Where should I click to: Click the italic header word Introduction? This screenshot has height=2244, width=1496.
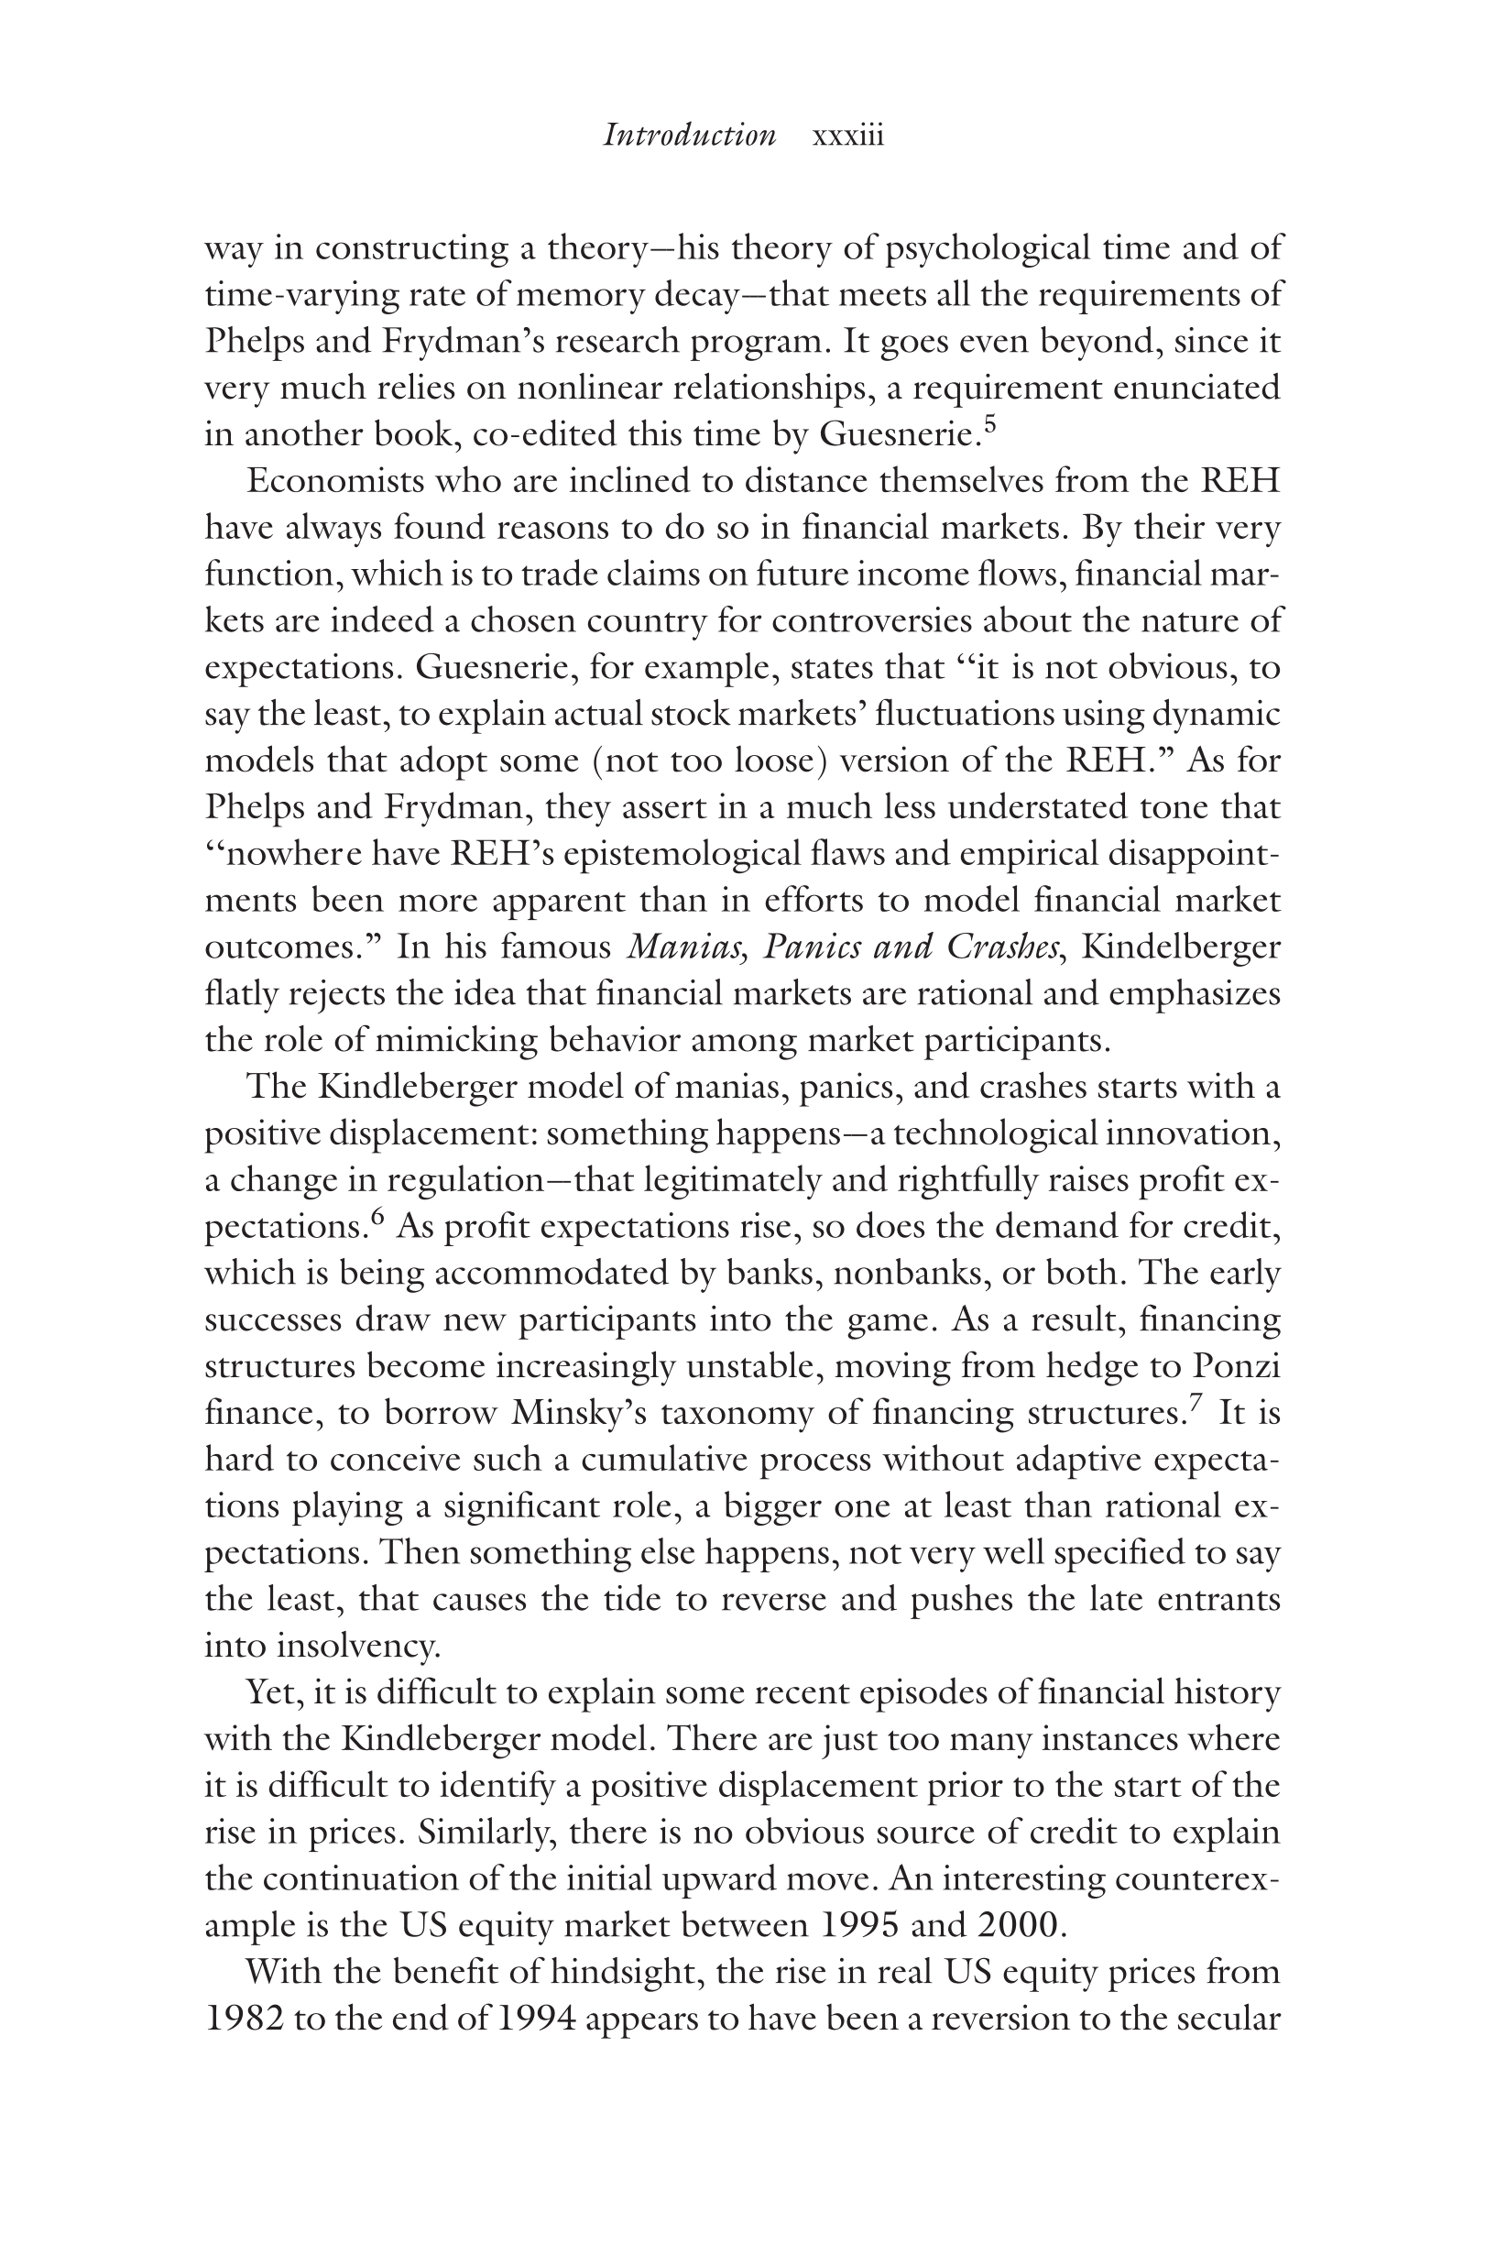(690, 136)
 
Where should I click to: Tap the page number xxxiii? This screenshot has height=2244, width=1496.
(847, 136)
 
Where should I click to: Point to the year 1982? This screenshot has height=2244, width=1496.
(244, 2019)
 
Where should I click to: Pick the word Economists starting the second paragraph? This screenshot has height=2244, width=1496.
(335, 481)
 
